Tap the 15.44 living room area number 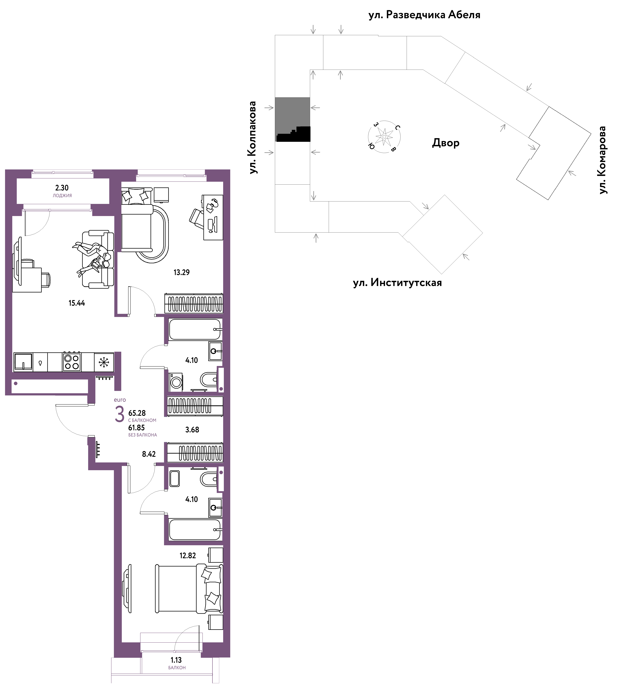pos(77,303)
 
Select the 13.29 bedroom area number pos(182,272)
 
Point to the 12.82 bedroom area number pos(188,555)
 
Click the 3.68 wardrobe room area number pos(192,430)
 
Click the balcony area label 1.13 pos(176,660)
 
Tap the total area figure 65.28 pos(137,413)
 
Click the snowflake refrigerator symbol pos(104,362)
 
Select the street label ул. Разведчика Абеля pos(425,15)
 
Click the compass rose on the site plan pos(384,137)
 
